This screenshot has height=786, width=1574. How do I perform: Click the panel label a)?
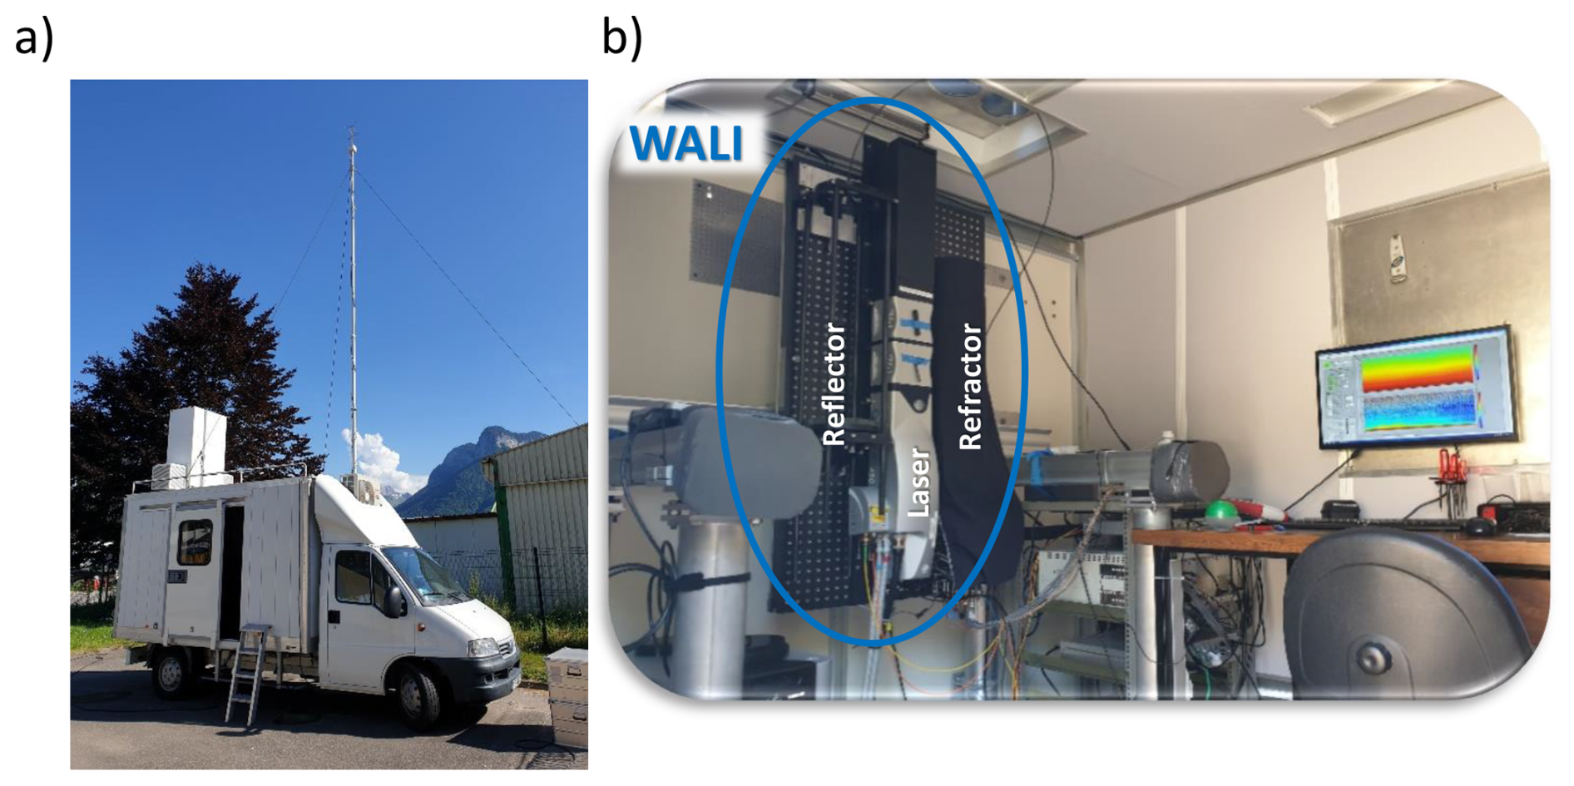[34, 37]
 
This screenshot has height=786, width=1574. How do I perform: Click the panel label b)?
[622, 37]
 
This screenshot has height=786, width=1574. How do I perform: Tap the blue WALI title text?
[686, 143]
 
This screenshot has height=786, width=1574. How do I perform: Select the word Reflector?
[834, 384]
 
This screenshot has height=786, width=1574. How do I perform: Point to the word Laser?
[918, 482]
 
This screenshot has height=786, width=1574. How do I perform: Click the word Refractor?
[970, 387]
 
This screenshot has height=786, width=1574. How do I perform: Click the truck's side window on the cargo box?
[195, 541]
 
